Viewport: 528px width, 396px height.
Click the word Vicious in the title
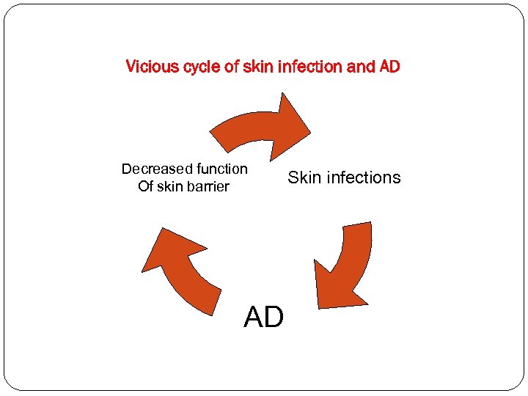click(x=150, y=67)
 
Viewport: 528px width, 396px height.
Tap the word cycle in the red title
click(x=197, y=67)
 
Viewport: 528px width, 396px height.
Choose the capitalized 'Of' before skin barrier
click(x=145, y=187)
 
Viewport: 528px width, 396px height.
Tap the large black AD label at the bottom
click(x=263, y=318)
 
